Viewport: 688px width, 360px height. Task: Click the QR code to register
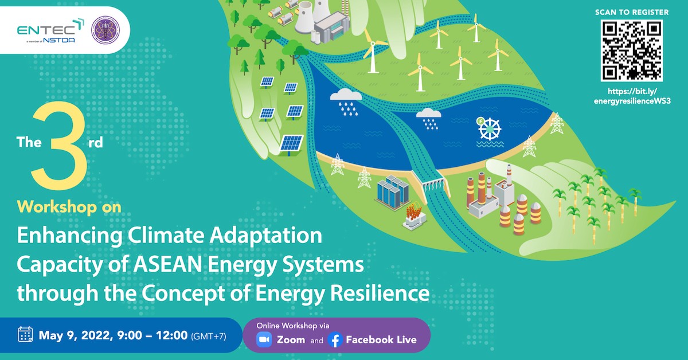pos(631,50)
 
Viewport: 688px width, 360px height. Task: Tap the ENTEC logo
pos(50,32)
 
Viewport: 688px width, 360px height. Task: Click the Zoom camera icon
pos(264,339)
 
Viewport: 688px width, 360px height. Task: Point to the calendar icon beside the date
pos(25,334)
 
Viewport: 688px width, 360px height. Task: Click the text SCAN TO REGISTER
pos(631,12)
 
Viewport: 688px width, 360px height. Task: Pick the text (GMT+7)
pos(208,335)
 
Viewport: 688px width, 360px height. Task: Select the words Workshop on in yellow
pos(69,207)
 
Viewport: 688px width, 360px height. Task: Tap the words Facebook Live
pos(381,339)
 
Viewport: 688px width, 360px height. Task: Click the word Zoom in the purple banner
pos(291,339)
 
